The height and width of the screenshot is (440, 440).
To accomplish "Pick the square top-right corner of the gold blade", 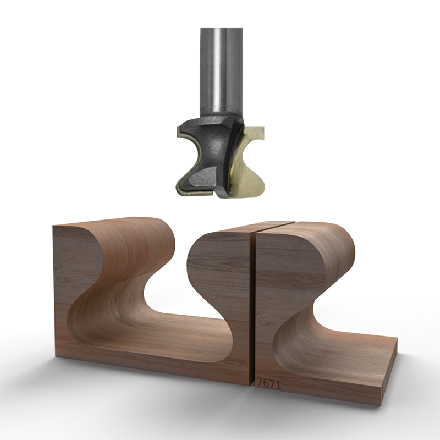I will pos(261,130).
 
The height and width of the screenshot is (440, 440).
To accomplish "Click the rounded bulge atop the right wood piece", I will pos(330,242).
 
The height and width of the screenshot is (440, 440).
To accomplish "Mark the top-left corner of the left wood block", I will pos(54,227).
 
